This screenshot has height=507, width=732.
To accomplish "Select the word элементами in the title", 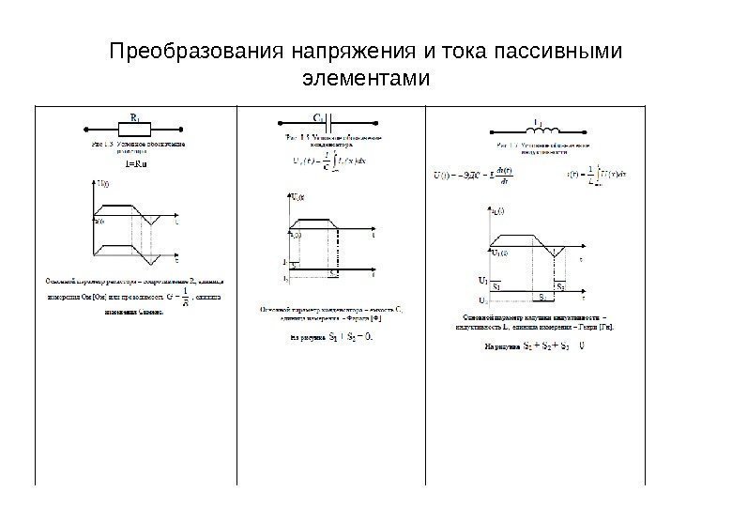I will [x=366, y=75].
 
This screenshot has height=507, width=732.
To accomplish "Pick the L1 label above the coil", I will [x=537, y=121].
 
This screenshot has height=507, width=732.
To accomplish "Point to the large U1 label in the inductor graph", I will [x=482, y=279].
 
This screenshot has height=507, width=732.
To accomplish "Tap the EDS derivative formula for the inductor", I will [x=474, y=174].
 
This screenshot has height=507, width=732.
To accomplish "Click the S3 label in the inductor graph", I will [x=541, y=296].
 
